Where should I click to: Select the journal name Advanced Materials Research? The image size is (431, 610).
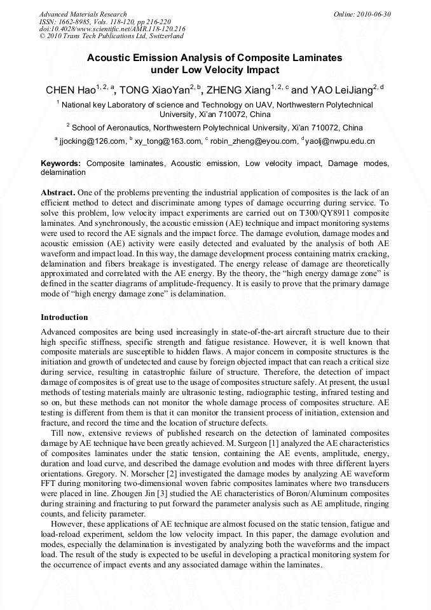pos(83,14)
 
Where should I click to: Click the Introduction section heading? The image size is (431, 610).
pos(64,317)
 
